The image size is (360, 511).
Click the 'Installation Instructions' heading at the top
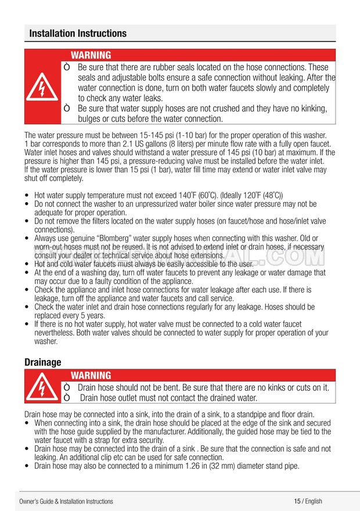[78, 34]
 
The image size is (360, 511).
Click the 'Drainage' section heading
[42, 362]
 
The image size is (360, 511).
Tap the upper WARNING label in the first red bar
[91, 55]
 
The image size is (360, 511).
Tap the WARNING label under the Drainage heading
[91, 376]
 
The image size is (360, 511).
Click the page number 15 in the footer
[297, 501]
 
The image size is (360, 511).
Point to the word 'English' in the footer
[313, 501]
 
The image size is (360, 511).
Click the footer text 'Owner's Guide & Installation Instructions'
[66, 501]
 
